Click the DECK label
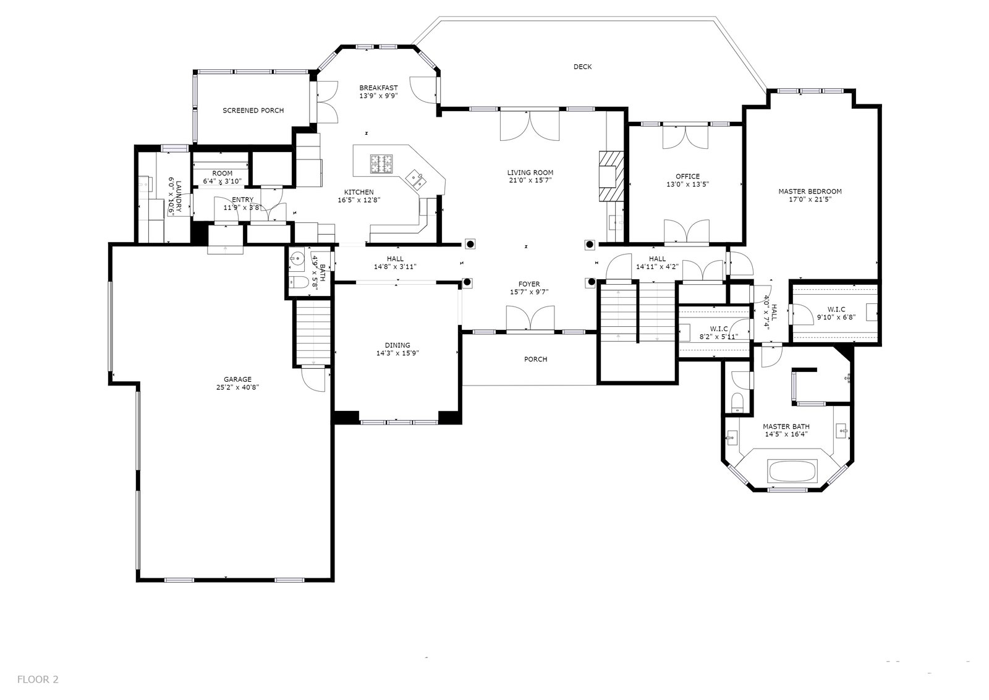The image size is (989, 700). (x=582, y=67)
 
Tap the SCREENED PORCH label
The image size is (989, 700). (x=253, y=111)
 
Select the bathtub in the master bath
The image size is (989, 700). (x=792, y=471)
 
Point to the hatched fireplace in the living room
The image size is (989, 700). (x=611, y=176)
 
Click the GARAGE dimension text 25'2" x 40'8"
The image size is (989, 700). (x=237, y=387)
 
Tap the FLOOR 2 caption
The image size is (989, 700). (x=38, y=679)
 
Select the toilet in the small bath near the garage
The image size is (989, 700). (x=299, y=282)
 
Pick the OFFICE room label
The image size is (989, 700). (x=687, y=177)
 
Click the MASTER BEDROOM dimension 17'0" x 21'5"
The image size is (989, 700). (x=810, y=199)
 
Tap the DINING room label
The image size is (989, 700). (x=397, y=345)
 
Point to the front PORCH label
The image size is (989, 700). (x=535, y=360)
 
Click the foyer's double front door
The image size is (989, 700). (x=530, y=318)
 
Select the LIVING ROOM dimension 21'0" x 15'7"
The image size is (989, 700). (x=530, y=180)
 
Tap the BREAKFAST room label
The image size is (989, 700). (x=378, y=88)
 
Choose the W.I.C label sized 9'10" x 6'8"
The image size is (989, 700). (x=836, y=310)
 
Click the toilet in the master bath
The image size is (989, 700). (x=737, y=402)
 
